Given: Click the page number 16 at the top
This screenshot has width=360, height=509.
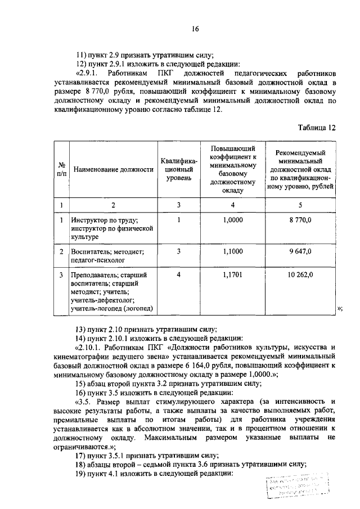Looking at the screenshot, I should pyautogui.click(x=195, y=29).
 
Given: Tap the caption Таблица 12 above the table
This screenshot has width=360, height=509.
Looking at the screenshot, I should pyautogui.click(x=317, y=128).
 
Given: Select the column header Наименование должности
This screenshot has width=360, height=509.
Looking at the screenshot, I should pyautogui.click(x=113, y=169).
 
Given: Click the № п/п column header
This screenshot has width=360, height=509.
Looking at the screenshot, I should pyautogui.click(x=61, y=169).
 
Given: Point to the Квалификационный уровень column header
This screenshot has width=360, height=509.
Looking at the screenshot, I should pyautogui.click(x=178, y=169).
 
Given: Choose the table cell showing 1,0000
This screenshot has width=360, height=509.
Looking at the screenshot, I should pyautogui.click(x=232, y=221).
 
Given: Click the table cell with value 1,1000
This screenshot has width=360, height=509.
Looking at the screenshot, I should pyautogui.click(x=232, y=251).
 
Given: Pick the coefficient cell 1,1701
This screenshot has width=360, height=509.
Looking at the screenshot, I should pyautogui.click(x=232, y=275).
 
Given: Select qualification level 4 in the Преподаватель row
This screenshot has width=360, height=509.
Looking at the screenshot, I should pyautogui.click(x=178, y=275).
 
